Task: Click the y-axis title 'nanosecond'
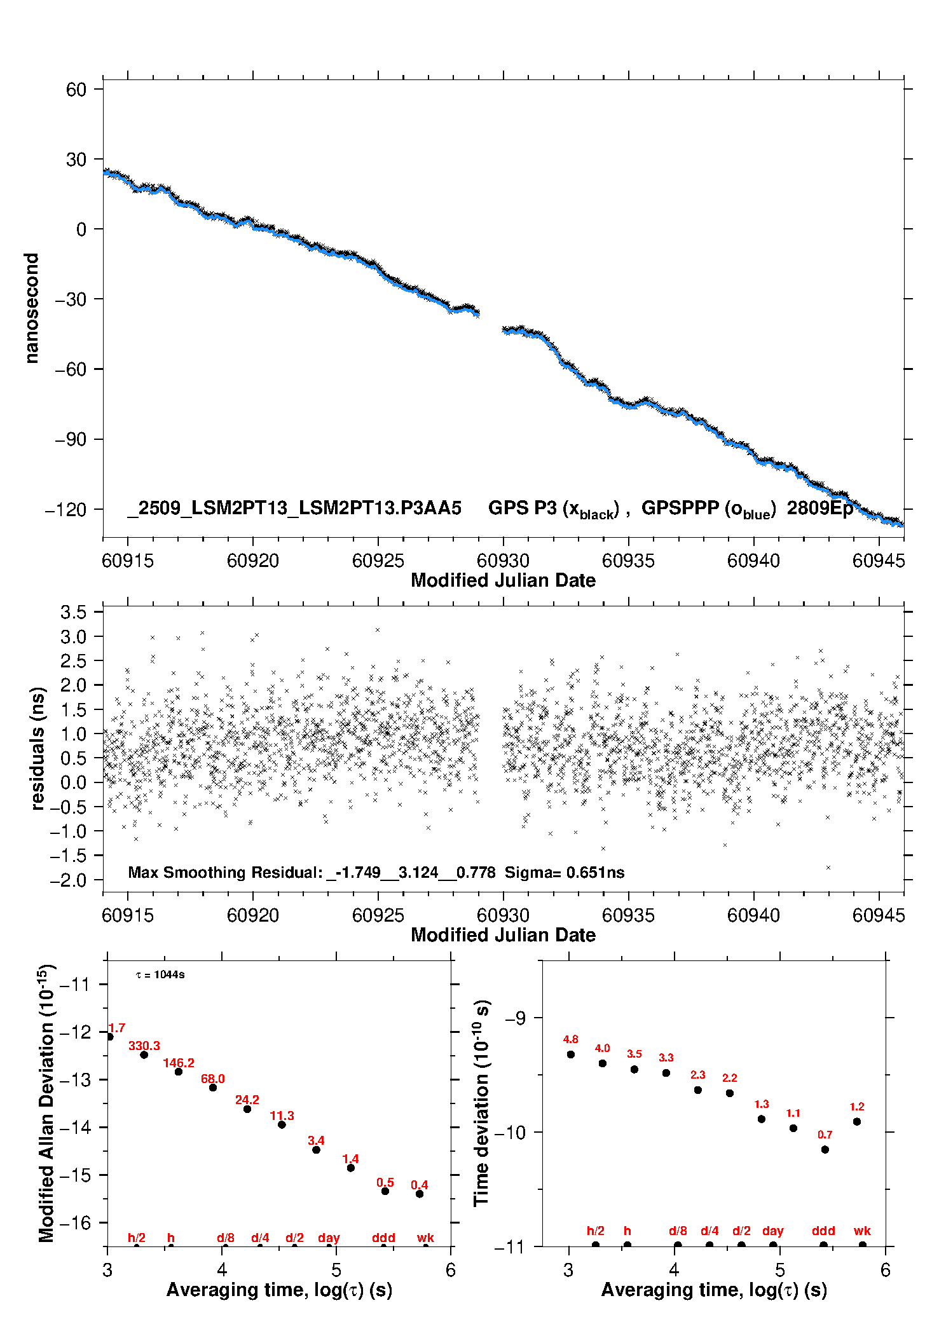pyautogui.click(x=31, y=308)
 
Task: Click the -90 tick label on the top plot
pyautogui.click(x=70, y=440)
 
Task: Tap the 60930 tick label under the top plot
pyautogui.click(x=503, y=561)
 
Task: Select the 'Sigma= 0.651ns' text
pyautogui.click(x=565, y=872)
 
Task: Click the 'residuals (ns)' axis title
pyautogui.click(x=38, y=748)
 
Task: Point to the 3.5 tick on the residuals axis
pyautogui.click(x=73, y=612)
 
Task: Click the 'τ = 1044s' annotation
pyautogui.click(x=160, y=974)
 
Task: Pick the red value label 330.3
pyautogui.click(x=144, y=1046)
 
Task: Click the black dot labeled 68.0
pyautogui.click(x=213, y=1088)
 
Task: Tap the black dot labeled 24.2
pyautogui.click(x=247, y=1109)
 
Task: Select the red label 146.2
pyautogui.click(x=179, y=1063)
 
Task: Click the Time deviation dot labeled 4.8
pyautogui.click(x=571, y=1055)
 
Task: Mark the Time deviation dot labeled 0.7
pyautogui.click(x=825, y=1149)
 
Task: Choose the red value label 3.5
pyautogui.click(x=634, y=1054)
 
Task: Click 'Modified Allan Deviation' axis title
pyautogui.click(x=46, y=1103)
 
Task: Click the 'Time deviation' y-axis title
pyautogui.click(x=481, y=1103)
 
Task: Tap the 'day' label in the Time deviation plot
pyautogui.click(x=773, y=1231)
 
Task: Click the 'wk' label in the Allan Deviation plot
pyautogui.click(x=425, y=1238)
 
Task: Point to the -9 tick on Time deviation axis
pyautogui.click(x=515, y=1018)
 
